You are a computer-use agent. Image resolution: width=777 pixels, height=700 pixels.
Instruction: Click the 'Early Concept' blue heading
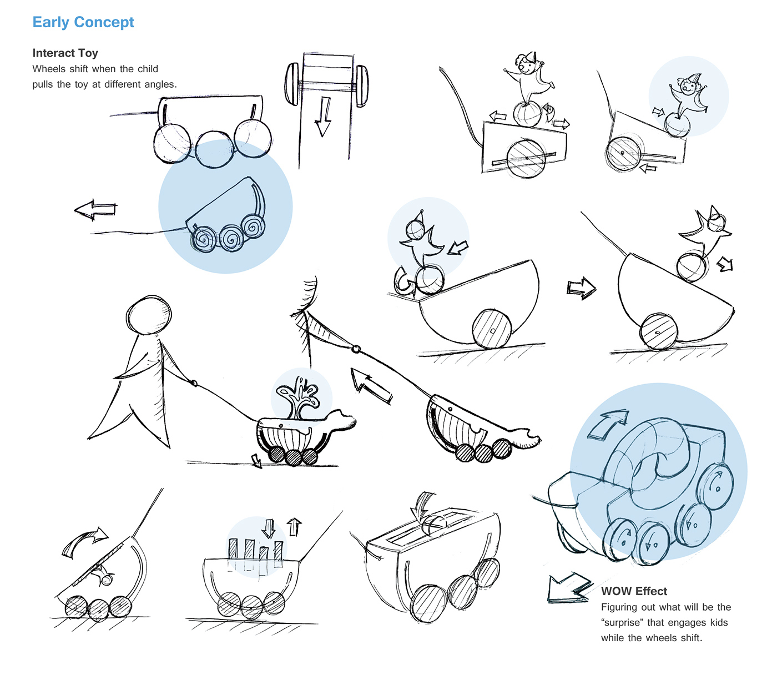click(x=83, y=22)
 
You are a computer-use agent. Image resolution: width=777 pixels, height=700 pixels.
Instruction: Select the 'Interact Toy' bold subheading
click(x=65, y=53)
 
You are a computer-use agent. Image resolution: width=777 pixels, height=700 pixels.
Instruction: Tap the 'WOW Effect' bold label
click(x=634, y=591)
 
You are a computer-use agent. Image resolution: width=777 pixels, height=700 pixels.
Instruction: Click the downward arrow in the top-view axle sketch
click(x=322, y=117)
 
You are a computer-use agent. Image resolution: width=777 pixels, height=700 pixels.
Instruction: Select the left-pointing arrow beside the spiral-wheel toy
click(x=95, y=210)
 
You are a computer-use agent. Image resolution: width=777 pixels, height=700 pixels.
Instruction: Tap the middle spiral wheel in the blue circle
click(x=230, y=238)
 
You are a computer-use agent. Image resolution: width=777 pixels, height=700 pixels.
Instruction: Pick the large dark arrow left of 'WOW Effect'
click(x=568, y=588)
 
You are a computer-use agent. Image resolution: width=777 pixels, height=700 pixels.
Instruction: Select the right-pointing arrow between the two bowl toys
click(x=581, y=288)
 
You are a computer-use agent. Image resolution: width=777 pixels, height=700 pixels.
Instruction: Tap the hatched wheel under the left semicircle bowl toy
click(x=492, y=329)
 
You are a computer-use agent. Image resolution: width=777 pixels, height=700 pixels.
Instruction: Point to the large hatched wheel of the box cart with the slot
click(x=526, y=158)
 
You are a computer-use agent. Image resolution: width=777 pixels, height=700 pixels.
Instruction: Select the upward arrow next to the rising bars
click(x=294, y=526)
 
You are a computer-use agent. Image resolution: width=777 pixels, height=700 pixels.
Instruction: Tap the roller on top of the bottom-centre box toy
click(x=435, y=523)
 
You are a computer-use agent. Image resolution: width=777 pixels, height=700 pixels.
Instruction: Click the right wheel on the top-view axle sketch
click(x=362, y=85)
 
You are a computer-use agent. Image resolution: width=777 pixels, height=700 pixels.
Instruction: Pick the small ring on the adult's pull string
click(x=356, y=349)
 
